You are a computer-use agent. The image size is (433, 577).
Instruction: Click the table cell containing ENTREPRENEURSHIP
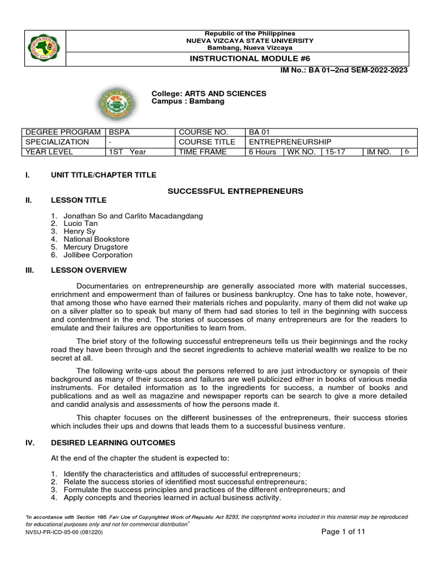290,142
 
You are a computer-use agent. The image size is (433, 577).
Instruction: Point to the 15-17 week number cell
332,152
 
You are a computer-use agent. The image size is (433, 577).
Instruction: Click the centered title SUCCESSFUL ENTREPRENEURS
235,192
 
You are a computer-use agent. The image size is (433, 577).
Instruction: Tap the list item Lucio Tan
81,224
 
